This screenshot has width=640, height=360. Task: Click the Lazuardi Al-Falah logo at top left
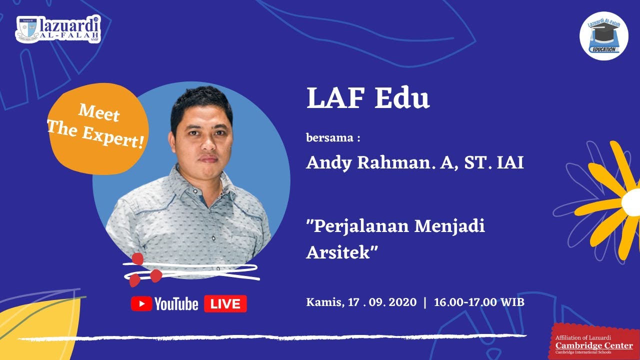pyautogui.click(x=58, y=29)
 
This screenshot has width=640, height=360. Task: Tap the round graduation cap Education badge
pyautogui.click(x=603, y=36)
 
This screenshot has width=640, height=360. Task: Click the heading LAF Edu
pyautogui.click(x=368, y=99)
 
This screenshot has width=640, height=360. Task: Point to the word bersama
pyautogui.click(x=329, y=138)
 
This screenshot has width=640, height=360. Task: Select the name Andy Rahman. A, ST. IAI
pyautogui.click(x=415, y=163)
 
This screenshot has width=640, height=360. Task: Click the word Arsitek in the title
pyautogui.click(x=340, y=252)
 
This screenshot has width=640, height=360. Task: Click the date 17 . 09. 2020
pyautogui.click(x=382, y=302)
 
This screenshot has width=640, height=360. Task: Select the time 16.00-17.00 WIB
pyautogui.click(x=479, y=302)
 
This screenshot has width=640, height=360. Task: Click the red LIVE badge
pyautogui.click(x=225, y=303)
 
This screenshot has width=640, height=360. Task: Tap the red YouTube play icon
pyautogui.click(x=141, y=303)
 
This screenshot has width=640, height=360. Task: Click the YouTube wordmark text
pyautogui.click(x=176, y=303)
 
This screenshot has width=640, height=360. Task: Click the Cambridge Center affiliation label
pyautogui.click(x=594, y=345)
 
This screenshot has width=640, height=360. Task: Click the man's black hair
pyautogui.click(x=200, y=102)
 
